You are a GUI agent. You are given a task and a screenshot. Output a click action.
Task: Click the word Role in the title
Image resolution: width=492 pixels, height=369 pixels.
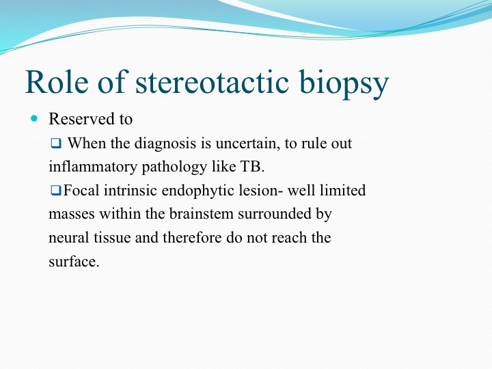click(57, 81)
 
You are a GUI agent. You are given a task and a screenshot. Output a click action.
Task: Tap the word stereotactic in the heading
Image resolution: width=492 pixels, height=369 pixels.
click(212, 81)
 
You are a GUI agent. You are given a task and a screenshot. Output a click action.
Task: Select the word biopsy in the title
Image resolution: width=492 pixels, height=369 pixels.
click(344, 84)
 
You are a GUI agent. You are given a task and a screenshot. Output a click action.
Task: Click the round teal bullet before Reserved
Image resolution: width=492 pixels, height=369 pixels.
click(34, 118)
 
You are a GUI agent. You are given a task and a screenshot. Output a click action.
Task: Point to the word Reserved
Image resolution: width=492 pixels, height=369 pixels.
click(81, 119)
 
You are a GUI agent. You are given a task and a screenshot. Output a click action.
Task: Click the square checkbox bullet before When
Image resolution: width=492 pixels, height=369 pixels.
click(56, 143)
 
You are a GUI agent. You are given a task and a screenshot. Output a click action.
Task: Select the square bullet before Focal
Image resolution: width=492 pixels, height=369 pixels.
click(56, 190)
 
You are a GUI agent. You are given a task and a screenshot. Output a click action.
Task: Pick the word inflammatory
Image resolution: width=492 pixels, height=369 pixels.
click(93, 167)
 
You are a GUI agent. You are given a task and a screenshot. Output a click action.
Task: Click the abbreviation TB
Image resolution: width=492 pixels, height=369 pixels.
click(252, 166)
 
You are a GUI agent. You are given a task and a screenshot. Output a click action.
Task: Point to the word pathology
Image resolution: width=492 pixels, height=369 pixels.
click(174, 167)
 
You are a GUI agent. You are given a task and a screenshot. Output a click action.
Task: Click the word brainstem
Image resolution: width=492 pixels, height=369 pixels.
click(202, 214)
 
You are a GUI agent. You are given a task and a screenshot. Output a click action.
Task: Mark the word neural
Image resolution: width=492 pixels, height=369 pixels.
click(69, 238)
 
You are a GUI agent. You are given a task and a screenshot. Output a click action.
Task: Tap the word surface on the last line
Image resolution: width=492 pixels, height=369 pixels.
click(74, 261)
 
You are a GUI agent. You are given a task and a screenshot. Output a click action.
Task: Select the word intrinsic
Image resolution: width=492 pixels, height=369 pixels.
click(131, 191)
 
